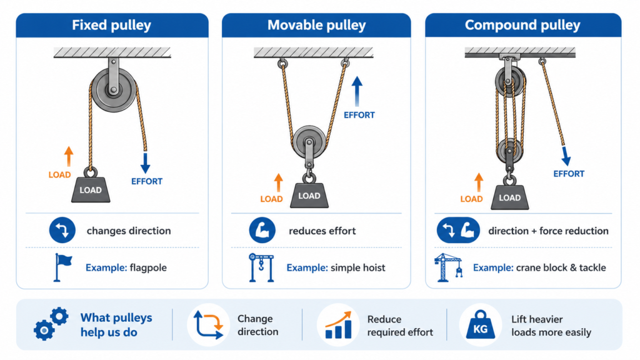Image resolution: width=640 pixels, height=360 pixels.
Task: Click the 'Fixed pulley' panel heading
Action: click(111, 25)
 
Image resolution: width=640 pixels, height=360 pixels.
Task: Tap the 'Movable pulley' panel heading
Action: click(316, 25)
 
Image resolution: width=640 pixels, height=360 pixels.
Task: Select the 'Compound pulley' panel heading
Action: click(522, 25)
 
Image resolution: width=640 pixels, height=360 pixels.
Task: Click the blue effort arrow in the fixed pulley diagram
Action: click(145, 163)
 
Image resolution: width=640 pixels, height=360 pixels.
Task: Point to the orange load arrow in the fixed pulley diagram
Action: click(69, 156)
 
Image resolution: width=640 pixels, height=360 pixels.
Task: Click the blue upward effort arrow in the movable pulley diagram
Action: click(357, 91)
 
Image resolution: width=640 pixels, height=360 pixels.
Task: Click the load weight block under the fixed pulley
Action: click(91, 190)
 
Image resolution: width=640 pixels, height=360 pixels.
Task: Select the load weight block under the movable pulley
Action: click(309, 196)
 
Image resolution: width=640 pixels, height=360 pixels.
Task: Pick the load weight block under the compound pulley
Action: click(509, 197)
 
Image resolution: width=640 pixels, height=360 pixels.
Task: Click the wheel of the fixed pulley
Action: click(114, 90)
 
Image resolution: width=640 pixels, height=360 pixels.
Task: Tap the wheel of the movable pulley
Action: click(309, 142)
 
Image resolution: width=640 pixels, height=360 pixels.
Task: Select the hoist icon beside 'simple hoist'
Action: click(261, 267)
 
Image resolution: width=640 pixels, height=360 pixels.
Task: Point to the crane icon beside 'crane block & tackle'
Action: click(449, 267)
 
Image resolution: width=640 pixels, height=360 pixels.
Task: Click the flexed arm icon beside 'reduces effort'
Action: click(262, 230)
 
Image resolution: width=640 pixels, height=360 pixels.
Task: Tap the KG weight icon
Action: click(481, 325)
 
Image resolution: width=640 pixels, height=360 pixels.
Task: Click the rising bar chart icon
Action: click(338, 325)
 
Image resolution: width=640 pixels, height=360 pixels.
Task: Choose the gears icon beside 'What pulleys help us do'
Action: click(51, 324)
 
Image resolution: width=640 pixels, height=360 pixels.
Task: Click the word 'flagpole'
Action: click(148, 267)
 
